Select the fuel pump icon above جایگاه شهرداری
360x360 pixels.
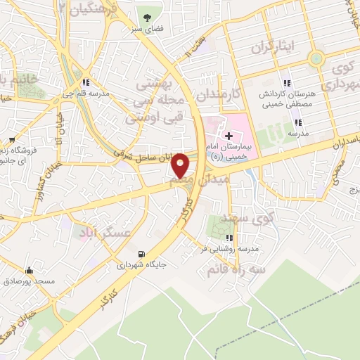(x=143, y=255)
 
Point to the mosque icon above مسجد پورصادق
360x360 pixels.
(x=29, y=270)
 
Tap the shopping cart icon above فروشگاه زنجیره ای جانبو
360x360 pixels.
(x=11, y=140)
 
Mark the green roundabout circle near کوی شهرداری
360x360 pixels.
(x=316, y=58)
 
